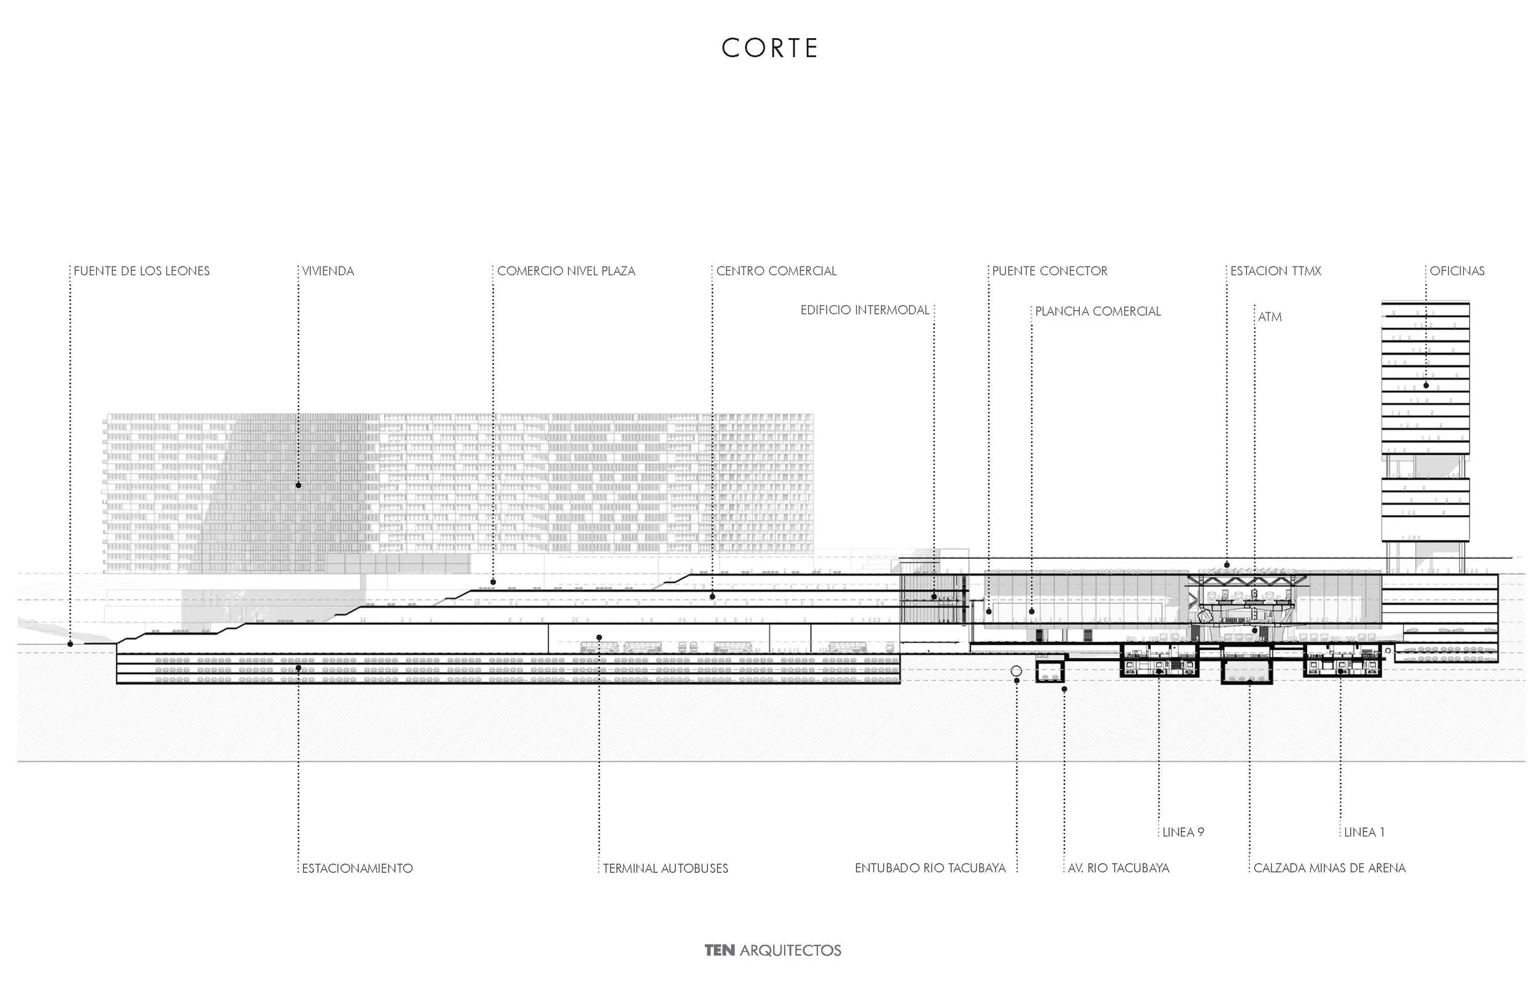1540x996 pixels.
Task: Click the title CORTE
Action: click(769, 49)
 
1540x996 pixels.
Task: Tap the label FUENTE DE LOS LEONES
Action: click(142, 271)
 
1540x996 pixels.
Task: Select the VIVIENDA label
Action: click(328, 271)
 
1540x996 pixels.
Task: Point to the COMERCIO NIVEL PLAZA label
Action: click(566, 271)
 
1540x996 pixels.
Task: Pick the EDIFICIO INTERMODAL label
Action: click(864, 310)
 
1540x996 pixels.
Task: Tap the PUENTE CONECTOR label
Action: click(1050, 271)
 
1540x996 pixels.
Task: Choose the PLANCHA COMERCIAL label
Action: click(1098, 311)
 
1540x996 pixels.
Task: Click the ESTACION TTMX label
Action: click(1275, 271)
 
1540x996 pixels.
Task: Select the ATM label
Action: click(1270, 318)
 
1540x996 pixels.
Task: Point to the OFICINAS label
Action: click(1456, 271)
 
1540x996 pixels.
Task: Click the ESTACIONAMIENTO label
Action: click(357, 869)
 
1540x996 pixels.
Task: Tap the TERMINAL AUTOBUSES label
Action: click(665, 869)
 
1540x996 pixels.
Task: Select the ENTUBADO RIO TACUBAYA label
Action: click(930, 869)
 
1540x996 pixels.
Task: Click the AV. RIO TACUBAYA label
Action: click(1118, 869)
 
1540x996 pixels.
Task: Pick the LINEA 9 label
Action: click(1183, 832)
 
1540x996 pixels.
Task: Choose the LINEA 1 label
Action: click(1364, 832)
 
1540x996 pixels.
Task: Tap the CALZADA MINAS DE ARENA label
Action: click(1329, 869)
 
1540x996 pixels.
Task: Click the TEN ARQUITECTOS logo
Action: click(772, 950)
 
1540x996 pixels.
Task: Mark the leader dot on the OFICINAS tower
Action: click(1426, 385)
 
